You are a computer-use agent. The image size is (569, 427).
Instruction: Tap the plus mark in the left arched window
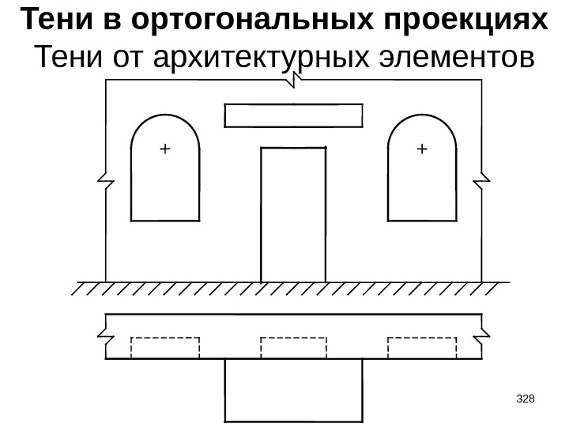coord(164,148)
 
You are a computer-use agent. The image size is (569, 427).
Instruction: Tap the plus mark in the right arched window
coord(420,148)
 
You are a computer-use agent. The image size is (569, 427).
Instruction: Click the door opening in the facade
coord(293,213)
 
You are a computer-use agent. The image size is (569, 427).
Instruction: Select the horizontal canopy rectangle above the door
coord(293,115)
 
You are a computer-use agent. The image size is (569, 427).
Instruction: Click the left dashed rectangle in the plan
coord(164,347)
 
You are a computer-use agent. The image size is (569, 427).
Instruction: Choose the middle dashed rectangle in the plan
coord(293,347)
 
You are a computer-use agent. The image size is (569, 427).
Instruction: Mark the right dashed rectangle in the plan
coord(421,347)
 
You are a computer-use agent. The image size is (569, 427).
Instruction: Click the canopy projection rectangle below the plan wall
coord(293,391)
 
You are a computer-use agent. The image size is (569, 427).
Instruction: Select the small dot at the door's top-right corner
coord(326,147)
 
